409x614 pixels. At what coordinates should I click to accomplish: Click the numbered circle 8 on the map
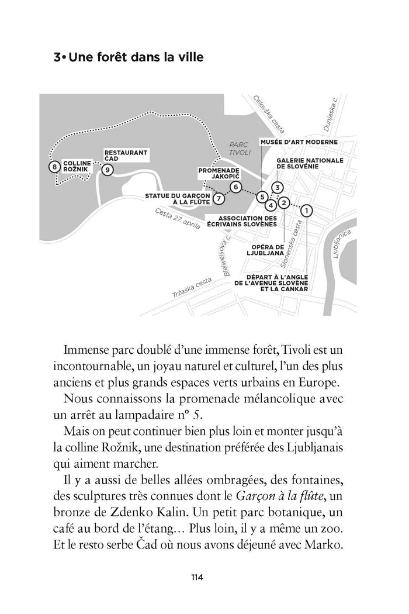[54, 167]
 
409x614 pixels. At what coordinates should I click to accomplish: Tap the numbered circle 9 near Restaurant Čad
[107, 170]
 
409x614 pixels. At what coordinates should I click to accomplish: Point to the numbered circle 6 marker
[235, 187]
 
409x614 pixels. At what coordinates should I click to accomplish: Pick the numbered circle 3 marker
[278, 187]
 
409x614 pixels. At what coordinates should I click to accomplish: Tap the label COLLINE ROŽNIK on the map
[77, 165]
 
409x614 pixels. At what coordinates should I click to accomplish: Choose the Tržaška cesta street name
[193, 287]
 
